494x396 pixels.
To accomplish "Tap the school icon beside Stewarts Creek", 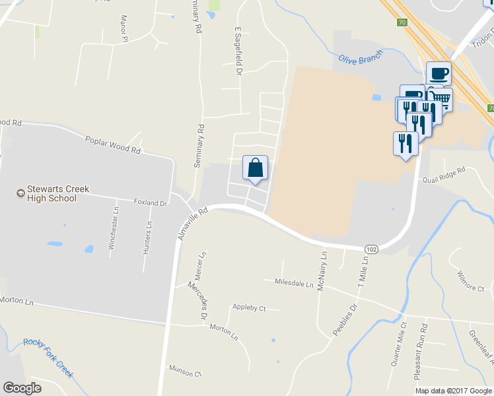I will (20, 193).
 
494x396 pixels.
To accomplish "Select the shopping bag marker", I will (256, 168).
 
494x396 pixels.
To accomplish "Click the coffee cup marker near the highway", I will (439, 73).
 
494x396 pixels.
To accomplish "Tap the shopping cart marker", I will (442, 100).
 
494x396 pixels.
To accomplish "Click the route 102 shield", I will (371, 249).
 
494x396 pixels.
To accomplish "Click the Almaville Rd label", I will (193, 224).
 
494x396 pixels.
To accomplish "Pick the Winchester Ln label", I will (115, 229).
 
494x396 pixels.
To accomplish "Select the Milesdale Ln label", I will (293, 282).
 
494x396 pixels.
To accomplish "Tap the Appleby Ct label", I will (248, 308).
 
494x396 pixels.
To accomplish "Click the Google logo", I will (22, 388).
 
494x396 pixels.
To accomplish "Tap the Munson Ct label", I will (185, 373).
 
